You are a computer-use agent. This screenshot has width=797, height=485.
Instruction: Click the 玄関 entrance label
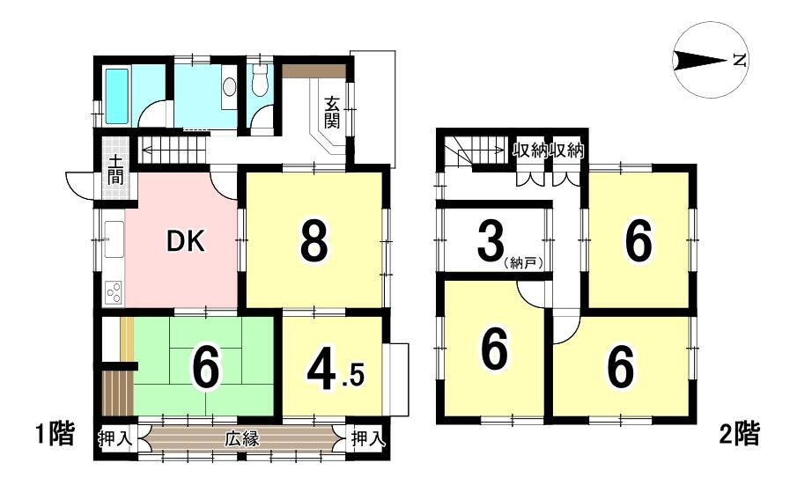click(x=331, y=112)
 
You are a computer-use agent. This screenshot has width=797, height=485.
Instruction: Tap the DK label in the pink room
click(x=186, y=242)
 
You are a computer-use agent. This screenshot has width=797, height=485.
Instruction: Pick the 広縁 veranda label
click(x=242, y=438)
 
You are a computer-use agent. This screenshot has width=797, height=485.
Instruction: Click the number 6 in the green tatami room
click(x=206, y=370)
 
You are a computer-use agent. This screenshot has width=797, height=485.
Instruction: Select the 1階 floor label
click(x=55, y=434)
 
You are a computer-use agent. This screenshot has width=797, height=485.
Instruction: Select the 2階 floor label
click(x=740, y=434)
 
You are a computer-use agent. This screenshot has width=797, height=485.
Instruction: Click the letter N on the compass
click(x=740, y=61)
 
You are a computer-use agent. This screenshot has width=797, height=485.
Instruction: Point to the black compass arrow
click(x=699, y=61)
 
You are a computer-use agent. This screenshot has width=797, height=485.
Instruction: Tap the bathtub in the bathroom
click(x=117, y=97)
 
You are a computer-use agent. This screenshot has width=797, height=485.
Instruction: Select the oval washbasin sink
click(x=230, y=87)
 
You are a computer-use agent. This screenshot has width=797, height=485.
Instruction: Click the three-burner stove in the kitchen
click(x=114, y=292)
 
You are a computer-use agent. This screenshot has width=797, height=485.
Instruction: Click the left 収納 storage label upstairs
click(x=528, y=151)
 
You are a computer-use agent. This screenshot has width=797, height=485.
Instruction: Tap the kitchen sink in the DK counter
click(x=114, y=239)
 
